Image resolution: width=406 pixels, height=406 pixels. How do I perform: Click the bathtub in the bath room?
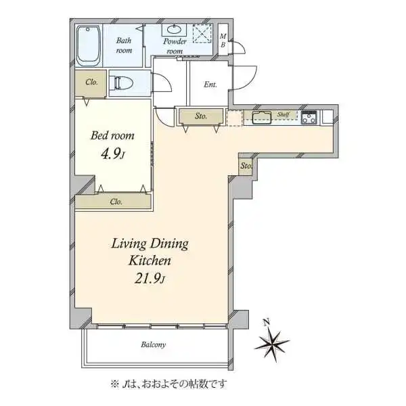pyautogui.click(x=88, y=45)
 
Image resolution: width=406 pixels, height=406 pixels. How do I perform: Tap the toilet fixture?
pyautogui.click(x=121, y=83)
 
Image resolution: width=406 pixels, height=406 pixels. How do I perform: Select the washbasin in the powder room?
pyautogui.click(x=174, y=30)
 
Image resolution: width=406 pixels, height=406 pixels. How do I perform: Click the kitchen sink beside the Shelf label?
pyautogui.click(x=262, y=118)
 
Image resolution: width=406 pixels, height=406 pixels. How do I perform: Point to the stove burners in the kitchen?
pyautogui.click(x=309, y=118)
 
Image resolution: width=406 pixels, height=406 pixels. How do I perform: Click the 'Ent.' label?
pyautogui.click(x=210, y=85)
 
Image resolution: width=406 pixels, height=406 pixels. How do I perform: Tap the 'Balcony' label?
pyautogui.click(x=154, y=344)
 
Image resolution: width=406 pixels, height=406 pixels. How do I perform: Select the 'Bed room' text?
pyautogui.click(x=112, y=136)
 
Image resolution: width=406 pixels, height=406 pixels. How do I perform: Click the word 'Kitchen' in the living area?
pyautogui.click(x=150, y=261)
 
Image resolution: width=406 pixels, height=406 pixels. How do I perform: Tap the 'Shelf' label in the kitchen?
pyautogui.click(x=283, y=114)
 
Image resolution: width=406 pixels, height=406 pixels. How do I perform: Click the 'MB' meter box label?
pyautogui.click(x=223, y=41)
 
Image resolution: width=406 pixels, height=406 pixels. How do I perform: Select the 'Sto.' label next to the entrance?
pyautogui.click(x=201, y=116)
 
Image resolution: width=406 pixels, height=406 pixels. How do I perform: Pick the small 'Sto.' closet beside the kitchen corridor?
pyautogui.click(x=245, y=166)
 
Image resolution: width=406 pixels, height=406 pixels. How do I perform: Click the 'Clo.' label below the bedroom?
pyautogui.click(x=116, y=202)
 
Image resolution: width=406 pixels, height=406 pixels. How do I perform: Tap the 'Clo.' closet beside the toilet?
pyautogui.click(x=91, y=83)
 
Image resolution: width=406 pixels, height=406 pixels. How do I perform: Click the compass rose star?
pyautogui.click(x=272, y=344)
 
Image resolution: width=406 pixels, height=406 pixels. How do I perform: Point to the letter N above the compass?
pyautogui.click(x=267, y=322)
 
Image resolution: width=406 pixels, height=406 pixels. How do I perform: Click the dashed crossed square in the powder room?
pyautogui.click(x=203, y=33)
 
